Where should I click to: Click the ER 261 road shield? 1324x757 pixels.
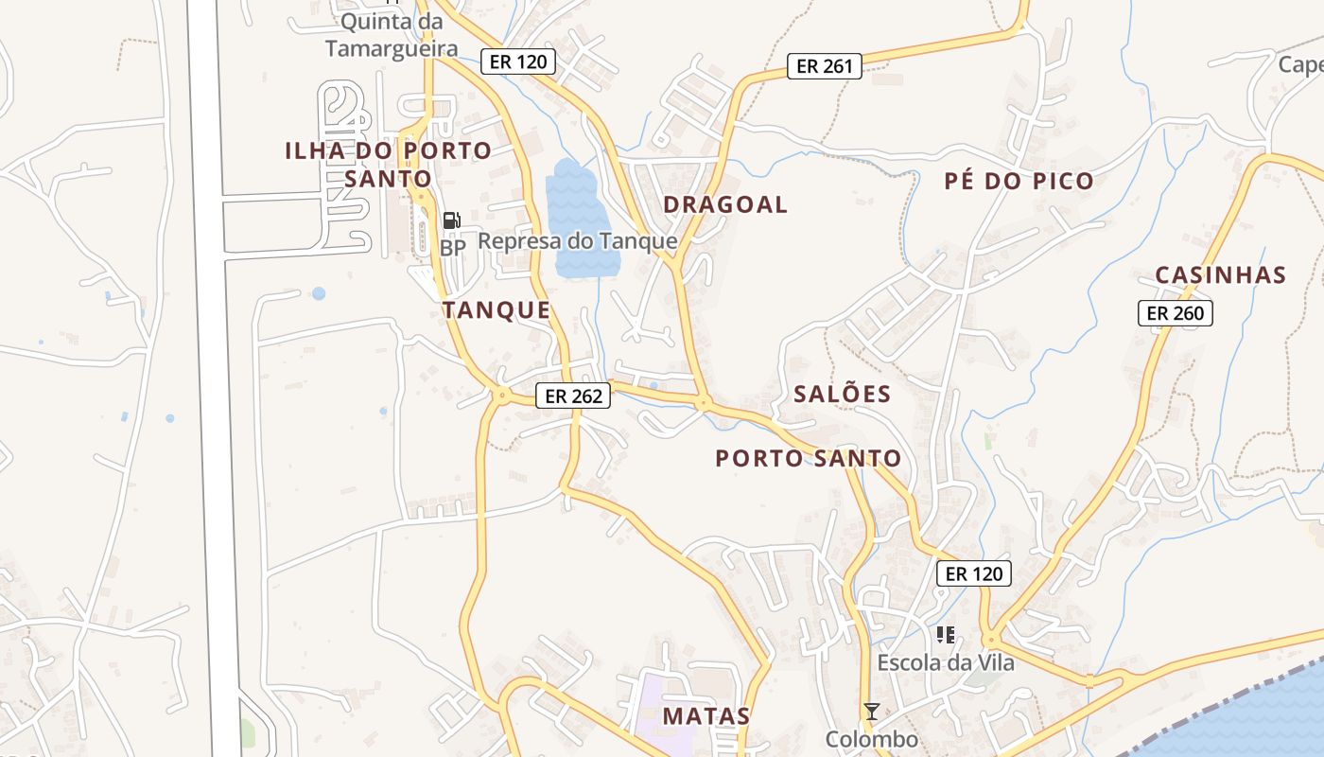tap(825, 66)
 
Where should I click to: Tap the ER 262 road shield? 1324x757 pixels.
tap(573, 396)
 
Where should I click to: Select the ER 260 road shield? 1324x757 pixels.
tap(1175, 313)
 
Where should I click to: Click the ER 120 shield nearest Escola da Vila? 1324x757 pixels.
tap(974, 572)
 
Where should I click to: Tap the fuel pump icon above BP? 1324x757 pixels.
tap(452, 220)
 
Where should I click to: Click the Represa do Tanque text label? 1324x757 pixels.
tap(577, 241)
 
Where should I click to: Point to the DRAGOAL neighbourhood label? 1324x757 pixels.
tap(725, 205)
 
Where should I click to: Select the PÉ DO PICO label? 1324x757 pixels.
tap(1019, 182)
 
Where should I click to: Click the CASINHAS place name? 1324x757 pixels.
tap(1220, 275)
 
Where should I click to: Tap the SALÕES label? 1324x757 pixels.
tap(842, 395)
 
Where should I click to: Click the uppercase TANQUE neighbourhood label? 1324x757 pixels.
tap(496, 310)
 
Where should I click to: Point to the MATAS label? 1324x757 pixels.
tap(706, 715)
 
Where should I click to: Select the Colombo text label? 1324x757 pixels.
tap(872, 739)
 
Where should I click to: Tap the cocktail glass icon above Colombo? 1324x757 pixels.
tap(872, 712)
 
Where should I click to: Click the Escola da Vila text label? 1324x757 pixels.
tap(946, 662)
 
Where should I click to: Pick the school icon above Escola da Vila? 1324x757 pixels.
tap(946, 634)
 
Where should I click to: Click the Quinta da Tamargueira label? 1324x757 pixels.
tap(392, 35)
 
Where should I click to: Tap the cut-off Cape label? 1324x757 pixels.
tap(1301, 64)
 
